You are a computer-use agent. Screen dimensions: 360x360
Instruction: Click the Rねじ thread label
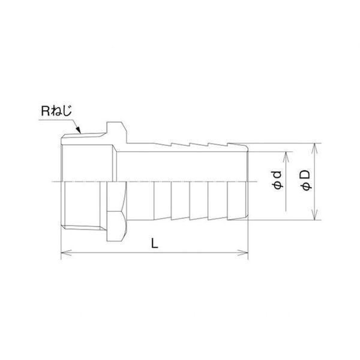point(56,111)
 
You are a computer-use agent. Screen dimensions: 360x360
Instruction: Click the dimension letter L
point(155,243)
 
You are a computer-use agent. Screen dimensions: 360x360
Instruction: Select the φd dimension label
point(278,180)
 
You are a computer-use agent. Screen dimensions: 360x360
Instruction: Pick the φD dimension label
point(306,180)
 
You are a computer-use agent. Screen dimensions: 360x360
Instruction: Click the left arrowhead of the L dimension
point(67,253)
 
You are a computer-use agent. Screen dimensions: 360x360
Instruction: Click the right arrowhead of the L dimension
point(243,253)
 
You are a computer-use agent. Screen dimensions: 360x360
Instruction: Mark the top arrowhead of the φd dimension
point(286,157)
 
